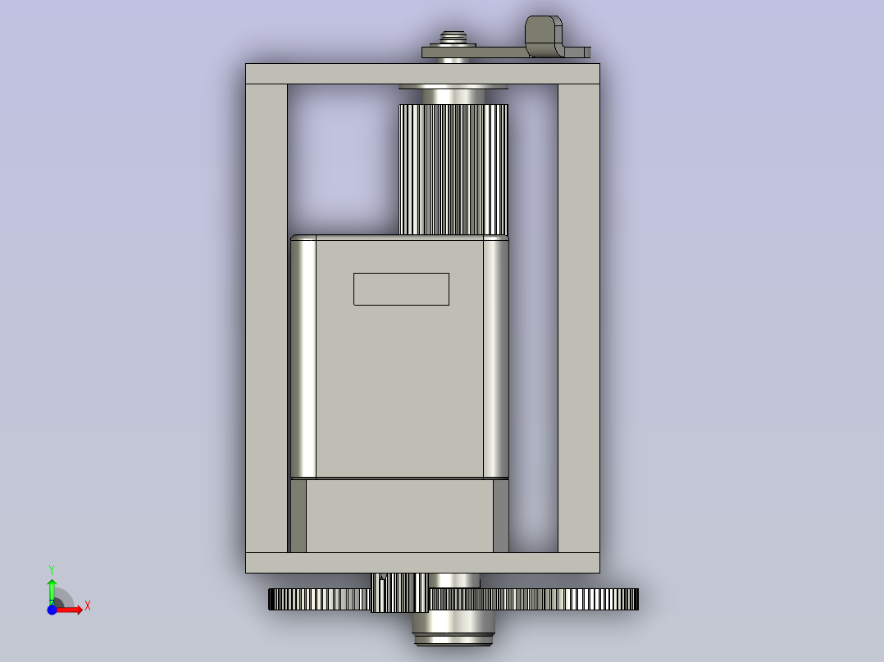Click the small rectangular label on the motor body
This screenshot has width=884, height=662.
point(402,289)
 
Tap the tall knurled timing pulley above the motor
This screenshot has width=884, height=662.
point(453,169)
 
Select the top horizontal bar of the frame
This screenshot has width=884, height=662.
point(422,74)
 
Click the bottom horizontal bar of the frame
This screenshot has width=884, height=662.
point(422,563)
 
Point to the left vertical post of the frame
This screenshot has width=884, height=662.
point(267,319)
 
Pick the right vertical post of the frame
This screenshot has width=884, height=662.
point(579,319)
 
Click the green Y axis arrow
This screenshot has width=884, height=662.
point(52,592)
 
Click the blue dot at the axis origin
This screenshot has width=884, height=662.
point(52,610)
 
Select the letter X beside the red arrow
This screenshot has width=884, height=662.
point(88,606)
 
